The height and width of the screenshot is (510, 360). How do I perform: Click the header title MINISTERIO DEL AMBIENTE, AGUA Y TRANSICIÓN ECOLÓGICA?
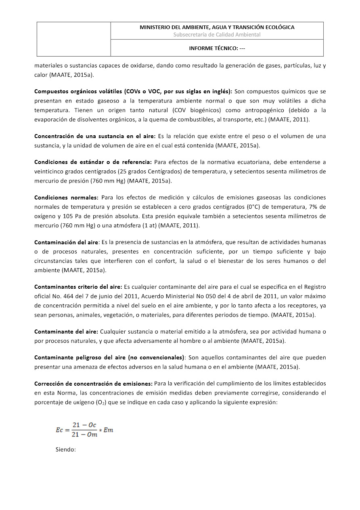tap(217, 27)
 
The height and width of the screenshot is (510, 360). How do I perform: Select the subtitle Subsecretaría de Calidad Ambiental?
tap(217, 35)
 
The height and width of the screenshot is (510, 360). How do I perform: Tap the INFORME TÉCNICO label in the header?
tap(217, 48)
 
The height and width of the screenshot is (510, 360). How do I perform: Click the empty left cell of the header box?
tap(74, 39)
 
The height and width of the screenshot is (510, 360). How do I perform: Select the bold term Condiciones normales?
tap(66, 197)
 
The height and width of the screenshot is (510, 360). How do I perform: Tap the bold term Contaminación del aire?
tap(66, 242)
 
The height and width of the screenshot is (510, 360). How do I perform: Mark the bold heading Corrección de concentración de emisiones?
tap(93, 383)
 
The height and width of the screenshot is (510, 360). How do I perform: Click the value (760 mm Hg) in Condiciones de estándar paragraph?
tap(109, 180)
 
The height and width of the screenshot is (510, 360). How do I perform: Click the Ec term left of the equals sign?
tap(60, 430)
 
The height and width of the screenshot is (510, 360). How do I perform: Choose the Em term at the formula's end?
tap(109, 430)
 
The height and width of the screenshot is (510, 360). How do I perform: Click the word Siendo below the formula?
tap(65, 449)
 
